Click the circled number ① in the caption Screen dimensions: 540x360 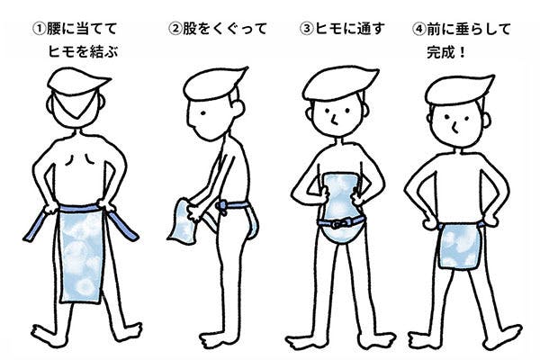39,29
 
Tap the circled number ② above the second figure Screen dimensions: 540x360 175,29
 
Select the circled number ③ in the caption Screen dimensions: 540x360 307,29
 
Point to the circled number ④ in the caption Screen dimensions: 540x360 419,29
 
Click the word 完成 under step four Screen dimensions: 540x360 440,52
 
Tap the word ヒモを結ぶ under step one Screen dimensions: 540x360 83,51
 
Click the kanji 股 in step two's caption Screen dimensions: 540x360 189,29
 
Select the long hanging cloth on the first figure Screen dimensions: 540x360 81,255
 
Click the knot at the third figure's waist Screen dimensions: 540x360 339,223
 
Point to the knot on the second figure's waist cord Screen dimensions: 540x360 221,208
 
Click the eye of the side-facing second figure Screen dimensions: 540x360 203,113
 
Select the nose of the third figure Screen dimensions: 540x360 334,119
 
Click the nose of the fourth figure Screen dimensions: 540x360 454,128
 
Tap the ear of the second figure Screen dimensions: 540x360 237,106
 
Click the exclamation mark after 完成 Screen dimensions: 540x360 462,53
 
